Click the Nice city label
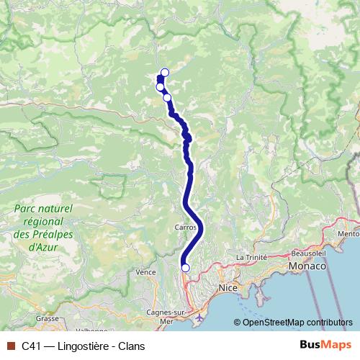click(228, 288)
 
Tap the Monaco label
click(307, 266)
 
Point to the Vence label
click(145, 272)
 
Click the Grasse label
click(48, 318)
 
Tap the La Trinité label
click(252, 257)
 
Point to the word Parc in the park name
click(26, 209)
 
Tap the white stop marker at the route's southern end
click(185, 268)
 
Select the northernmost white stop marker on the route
click(165, 72)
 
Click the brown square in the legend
click(9, 346)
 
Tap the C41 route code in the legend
click(31, 346)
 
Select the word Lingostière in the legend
click(82, 346)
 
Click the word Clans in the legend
click(131, 346)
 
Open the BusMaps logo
click(325, 345)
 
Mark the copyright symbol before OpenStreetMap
click(237, 323)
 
